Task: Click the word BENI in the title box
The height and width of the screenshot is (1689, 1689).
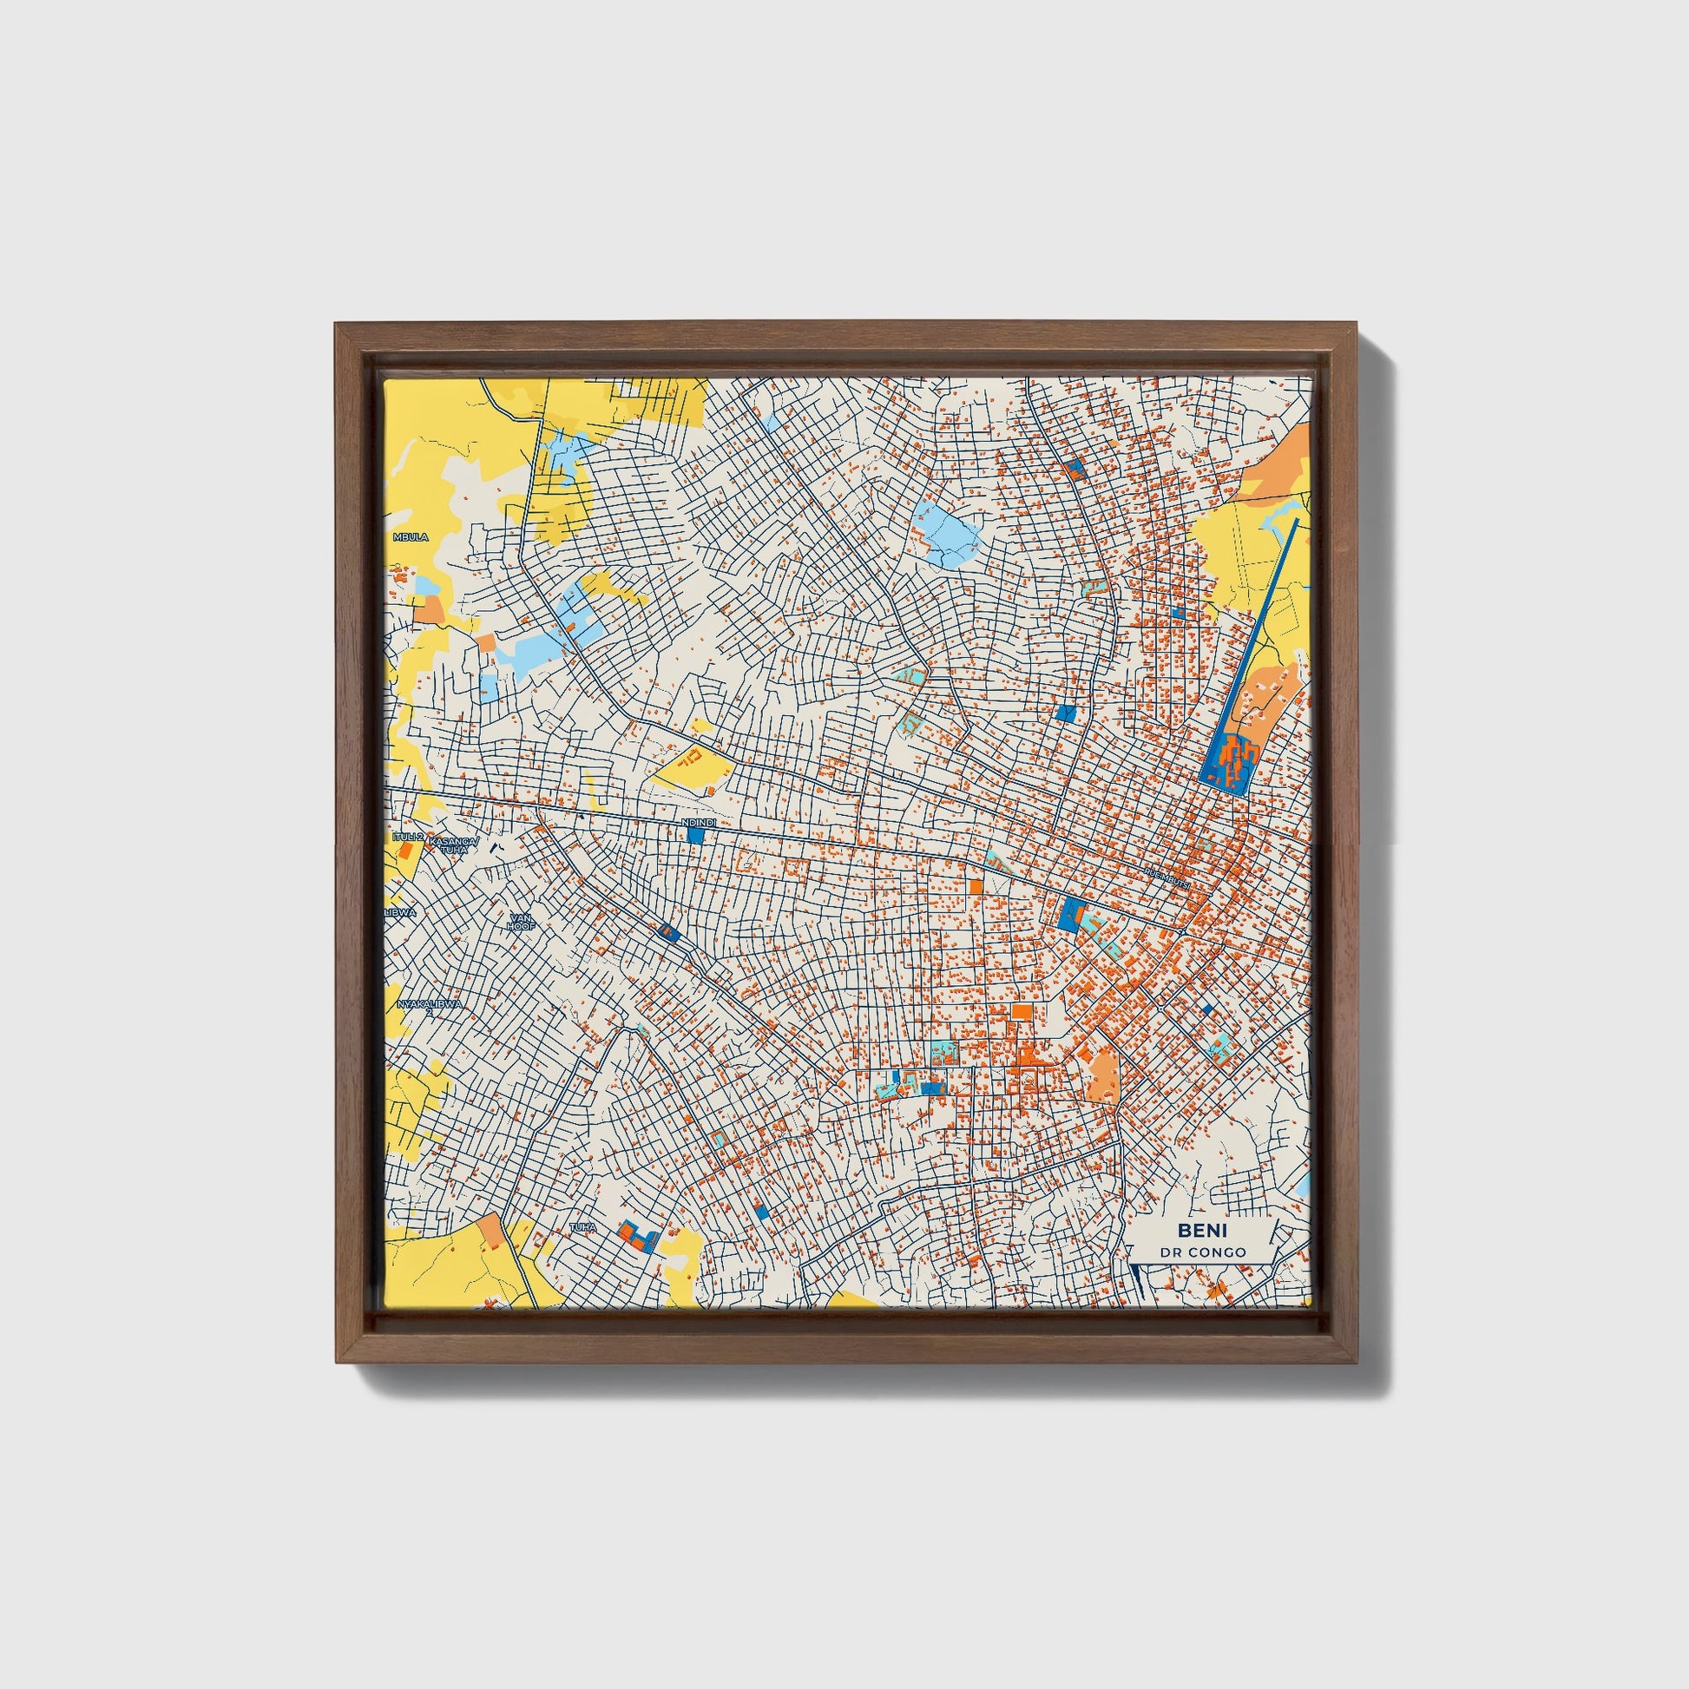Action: click(1202, 1230)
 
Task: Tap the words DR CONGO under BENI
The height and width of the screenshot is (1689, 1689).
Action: click(1202, 1252)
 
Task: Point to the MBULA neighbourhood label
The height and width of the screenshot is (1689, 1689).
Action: click(411, 536)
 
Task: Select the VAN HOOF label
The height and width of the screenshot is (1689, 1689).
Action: click(521, 922)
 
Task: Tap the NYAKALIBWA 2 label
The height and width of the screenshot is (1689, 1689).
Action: click(430, 1005)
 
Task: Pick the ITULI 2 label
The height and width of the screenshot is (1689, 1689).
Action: click(408, 837)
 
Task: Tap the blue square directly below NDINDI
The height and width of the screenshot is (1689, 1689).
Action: click(696, 836)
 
